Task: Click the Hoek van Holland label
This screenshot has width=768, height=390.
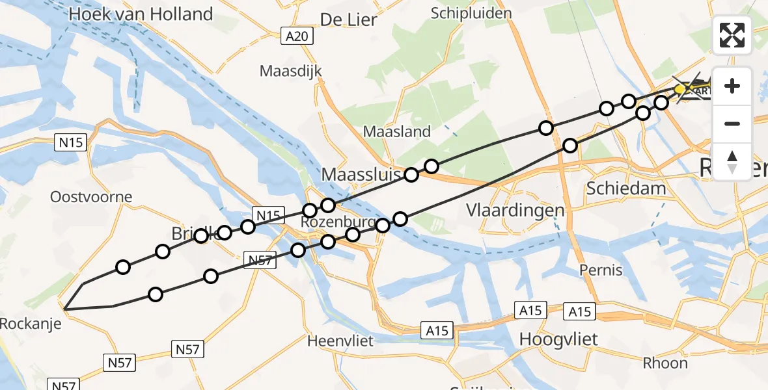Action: [x=141, y=14]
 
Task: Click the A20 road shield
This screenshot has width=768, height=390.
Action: [x=299, y=37]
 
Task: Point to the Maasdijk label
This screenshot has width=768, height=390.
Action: [x=292, y=70]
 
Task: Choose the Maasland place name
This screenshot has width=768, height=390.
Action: [x=397, y=131]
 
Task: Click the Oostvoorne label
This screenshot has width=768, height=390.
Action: [x=92, y=196]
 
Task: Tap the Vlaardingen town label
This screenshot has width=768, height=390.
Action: [x=515, y=210]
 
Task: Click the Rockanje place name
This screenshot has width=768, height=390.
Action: [x=30, y=323]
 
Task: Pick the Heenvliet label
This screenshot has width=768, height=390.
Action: [x=338, y=341]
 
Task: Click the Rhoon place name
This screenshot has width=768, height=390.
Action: [x=665, y=363]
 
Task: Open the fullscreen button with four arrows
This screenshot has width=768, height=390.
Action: [x=732, y=35]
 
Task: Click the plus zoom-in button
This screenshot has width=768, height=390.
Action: [x=732, y=86]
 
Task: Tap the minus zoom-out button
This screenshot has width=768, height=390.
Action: [x=732, y=123]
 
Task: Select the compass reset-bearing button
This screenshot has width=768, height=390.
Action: [x=732, y=161]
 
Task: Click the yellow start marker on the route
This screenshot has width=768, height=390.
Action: [x=679, y=89]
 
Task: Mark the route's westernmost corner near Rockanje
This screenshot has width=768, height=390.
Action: [x=63, y=307]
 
